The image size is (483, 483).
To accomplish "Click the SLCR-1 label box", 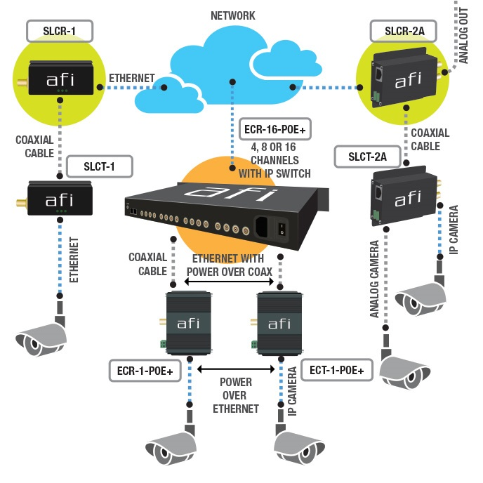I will (60, 31).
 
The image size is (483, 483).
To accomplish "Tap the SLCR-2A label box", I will (402, 32).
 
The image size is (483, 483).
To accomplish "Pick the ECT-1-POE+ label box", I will (336, 369).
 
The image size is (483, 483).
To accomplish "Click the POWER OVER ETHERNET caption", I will (236, 395).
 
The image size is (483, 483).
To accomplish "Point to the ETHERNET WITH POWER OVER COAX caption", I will (229, 265).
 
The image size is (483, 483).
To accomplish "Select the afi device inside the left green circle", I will (59, 79).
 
